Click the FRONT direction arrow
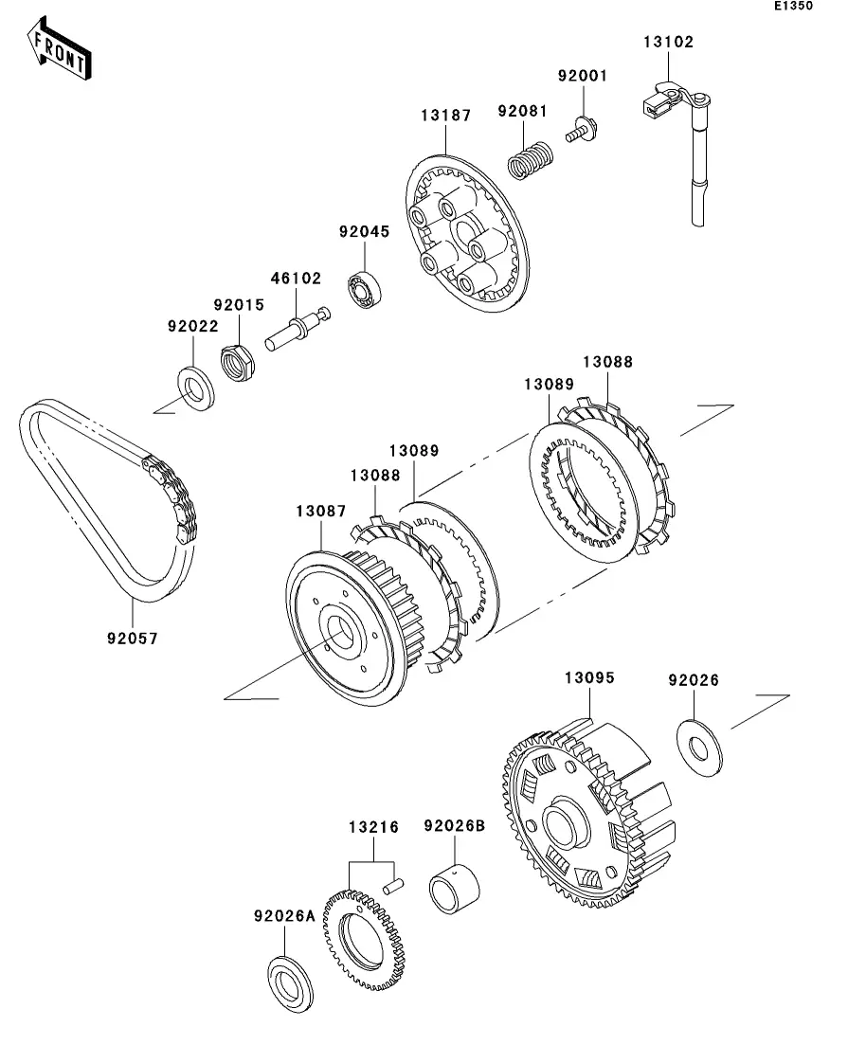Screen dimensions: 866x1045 point(60,48)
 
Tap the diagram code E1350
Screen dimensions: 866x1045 point(793,6)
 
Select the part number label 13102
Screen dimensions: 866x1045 point(668,42)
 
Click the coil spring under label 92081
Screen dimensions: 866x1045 point(530,160)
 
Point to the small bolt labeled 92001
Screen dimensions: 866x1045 point(582,129)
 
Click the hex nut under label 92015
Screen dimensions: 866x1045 point(237,363)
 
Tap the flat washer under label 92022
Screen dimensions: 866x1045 point(196,387)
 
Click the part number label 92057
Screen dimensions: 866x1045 point(133,639)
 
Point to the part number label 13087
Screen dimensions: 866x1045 point(321,512)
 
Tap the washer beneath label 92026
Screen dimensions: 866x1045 point(698,748)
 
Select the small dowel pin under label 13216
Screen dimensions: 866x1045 point(393,886)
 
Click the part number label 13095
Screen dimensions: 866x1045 point(589,677)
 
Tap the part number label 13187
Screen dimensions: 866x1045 point(446,116)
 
